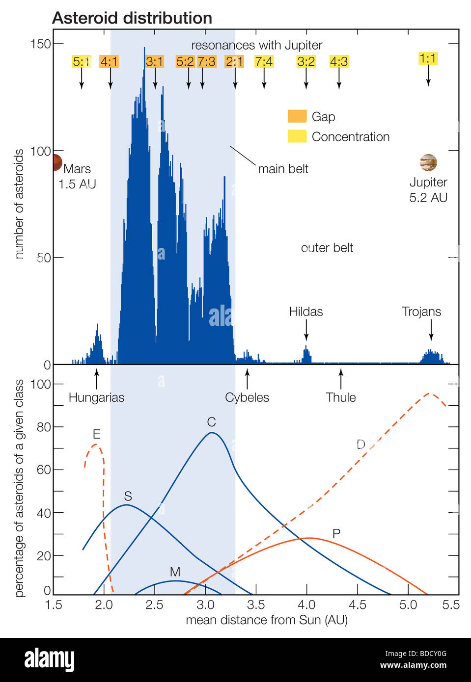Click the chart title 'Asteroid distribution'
pos(132,18)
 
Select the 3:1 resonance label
pos(154,61)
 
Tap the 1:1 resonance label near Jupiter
pos(427,58)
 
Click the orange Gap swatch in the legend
pos(297,116)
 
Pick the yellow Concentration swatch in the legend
pos(297,136)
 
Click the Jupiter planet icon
pos(428,162)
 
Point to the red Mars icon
pos(56,162)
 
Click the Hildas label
pos(305,312)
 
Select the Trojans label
pos(421,312)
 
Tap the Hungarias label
pos(96,397)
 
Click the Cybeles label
pos(247,397)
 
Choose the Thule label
pos(340,397)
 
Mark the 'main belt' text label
pos(283,169)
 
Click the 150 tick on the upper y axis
pos(41,44)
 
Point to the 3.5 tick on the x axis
pos(256,604)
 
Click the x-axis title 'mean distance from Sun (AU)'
pos(267,620)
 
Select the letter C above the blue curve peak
pos(211,422)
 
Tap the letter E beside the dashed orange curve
pos(96,434)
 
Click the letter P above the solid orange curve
pos(336,534)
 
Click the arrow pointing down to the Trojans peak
pos(431,330)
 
